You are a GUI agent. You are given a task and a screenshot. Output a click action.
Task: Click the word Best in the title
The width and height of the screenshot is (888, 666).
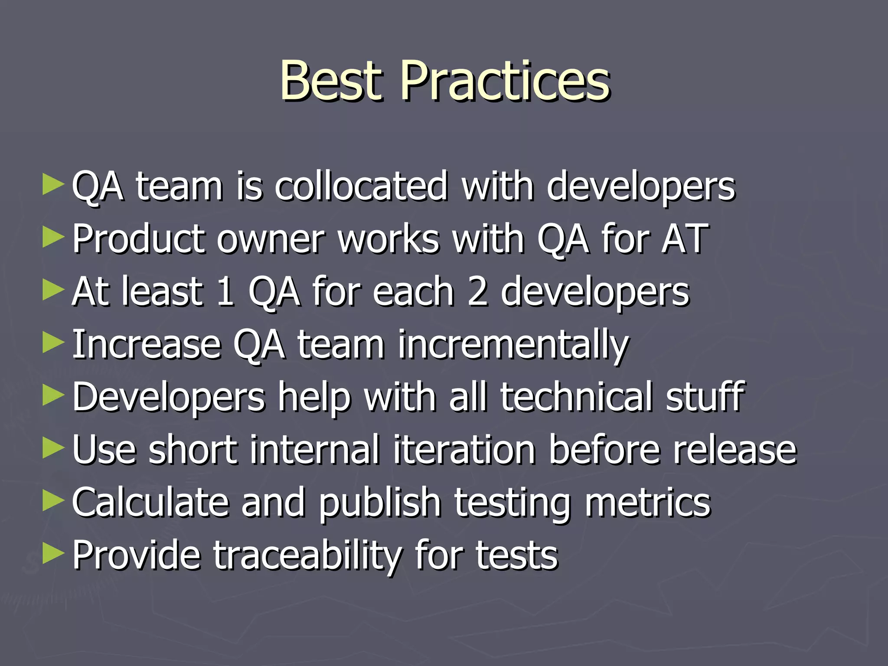[x=331, y=81]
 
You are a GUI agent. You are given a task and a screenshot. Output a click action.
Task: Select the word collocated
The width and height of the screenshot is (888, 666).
[x=361, y=186]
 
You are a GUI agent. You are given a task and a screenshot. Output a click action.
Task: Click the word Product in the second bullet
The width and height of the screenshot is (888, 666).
[x=138, y=239]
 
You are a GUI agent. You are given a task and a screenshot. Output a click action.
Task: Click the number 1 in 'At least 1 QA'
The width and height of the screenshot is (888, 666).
[x=225, y=292]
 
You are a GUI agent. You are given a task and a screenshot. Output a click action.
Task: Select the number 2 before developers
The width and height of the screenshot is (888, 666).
[x=478, y=292]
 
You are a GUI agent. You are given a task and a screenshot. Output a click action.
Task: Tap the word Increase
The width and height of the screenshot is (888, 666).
[x=147, y=345]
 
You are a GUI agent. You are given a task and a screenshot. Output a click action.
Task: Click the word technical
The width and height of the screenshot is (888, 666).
[x=577, y=397]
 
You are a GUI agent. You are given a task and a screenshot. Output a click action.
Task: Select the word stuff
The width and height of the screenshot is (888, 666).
[x=705, y=397]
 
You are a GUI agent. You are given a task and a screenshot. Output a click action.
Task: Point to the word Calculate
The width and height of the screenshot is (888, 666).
[x=150, y=503]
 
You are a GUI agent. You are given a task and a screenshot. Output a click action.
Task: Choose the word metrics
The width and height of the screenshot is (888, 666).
[x=648, y=503]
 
